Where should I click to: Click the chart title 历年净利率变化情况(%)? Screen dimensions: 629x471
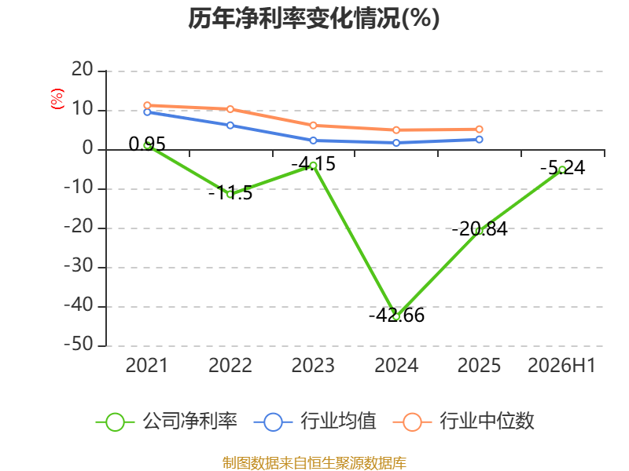pos(314,18)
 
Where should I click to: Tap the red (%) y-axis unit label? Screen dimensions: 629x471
pos(57,99)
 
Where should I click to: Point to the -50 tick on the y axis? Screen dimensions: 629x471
pos(79,345)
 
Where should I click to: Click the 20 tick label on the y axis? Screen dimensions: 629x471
pos(83,70)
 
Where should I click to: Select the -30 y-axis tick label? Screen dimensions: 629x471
pos(79,266)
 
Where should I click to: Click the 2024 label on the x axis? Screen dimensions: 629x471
pos(396,365)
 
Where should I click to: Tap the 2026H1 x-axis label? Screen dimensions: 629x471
pos(561,365)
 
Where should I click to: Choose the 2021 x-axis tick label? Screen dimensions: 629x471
pos(147,365)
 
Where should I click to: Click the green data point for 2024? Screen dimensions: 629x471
pos(396,316)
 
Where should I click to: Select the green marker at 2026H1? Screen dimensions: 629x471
pos(562,170)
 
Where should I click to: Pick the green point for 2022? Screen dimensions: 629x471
pos(230,194)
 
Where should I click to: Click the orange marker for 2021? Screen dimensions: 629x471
pos(147,105)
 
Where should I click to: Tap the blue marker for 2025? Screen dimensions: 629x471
pos(480,140)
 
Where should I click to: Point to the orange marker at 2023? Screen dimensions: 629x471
pos(313,126)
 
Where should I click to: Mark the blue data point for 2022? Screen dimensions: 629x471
pos(230,126)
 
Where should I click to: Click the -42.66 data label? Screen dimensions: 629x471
pos(396,316)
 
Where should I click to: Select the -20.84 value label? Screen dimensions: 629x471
pos(480,229)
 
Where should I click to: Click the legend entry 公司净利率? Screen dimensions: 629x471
pos(167,422)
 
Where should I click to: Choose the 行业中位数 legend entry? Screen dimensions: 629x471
pos(464,422)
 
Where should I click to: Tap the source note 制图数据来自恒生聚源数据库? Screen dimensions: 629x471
pos(314,463)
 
